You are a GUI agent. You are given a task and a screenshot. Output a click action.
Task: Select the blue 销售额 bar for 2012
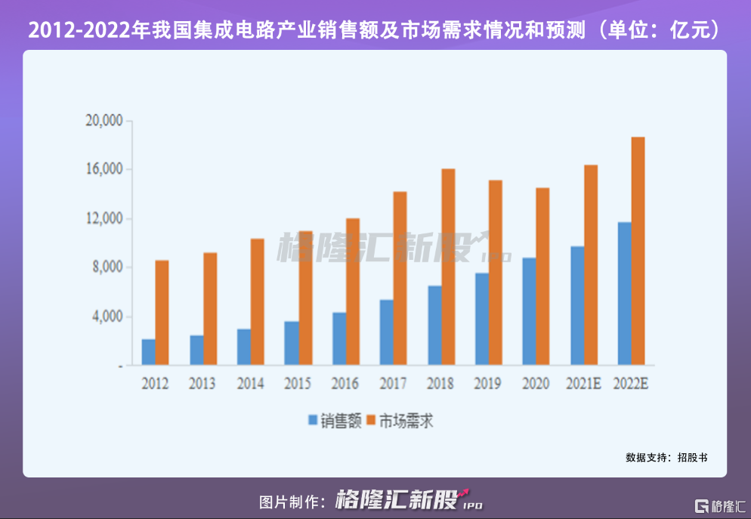(x=148, y=352)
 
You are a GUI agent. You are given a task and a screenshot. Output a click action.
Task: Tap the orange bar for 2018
(x=448, y=267)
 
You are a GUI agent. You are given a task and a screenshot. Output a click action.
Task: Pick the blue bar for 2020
(x=529, y=311)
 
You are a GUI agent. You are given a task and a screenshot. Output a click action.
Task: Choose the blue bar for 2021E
(x=577, y=305)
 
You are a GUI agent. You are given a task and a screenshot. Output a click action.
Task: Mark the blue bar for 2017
(x=386, y=332)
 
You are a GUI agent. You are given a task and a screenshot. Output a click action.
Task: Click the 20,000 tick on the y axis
(x=104, y=121)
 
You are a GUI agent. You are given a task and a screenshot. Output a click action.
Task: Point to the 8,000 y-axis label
(x=107, y=267)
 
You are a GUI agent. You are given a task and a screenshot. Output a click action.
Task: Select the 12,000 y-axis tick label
(x=104, y=218)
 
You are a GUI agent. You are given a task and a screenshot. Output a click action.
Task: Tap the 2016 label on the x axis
(x=345, y=384)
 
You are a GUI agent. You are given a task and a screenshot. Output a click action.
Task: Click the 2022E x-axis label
(x=632, y=384)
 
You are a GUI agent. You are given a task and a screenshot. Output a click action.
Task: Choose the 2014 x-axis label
(x=250, y=384)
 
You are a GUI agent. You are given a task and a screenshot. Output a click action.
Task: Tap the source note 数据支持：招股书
(x=666, y=457)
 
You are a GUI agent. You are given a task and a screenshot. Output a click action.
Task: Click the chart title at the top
(x=375, y=31)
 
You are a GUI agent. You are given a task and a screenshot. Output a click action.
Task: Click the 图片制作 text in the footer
(x=291, y=502)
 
